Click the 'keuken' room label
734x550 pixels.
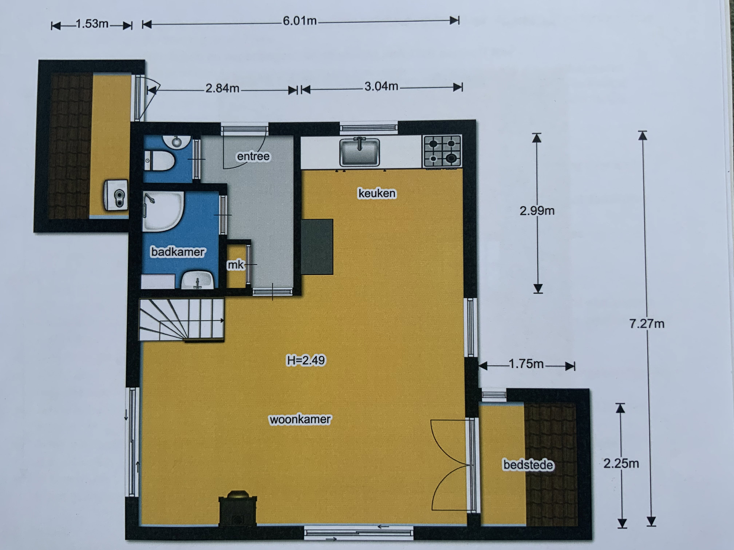(377, 193)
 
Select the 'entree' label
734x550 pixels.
(253, 156)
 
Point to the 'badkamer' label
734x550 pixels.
(178, 252)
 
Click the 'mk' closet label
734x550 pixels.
(235, 265)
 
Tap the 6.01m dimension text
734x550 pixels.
(300, 21)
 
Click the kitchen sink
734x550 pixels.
(359, 152)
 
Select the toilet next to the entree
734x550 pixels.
(160, 161)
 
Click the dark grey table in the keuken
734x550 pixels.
(317, 247)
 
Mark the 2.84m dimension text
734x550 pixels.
(222, 88)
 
